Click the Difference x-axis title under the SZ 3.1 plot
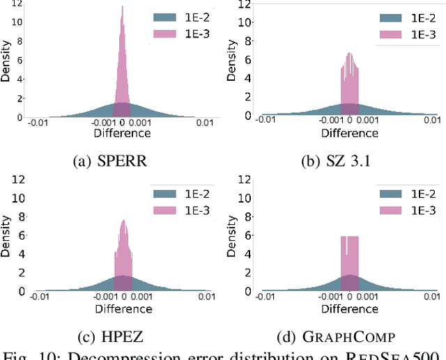coord(351,133)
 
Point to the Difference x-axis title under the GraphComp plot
coord(351,308)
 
